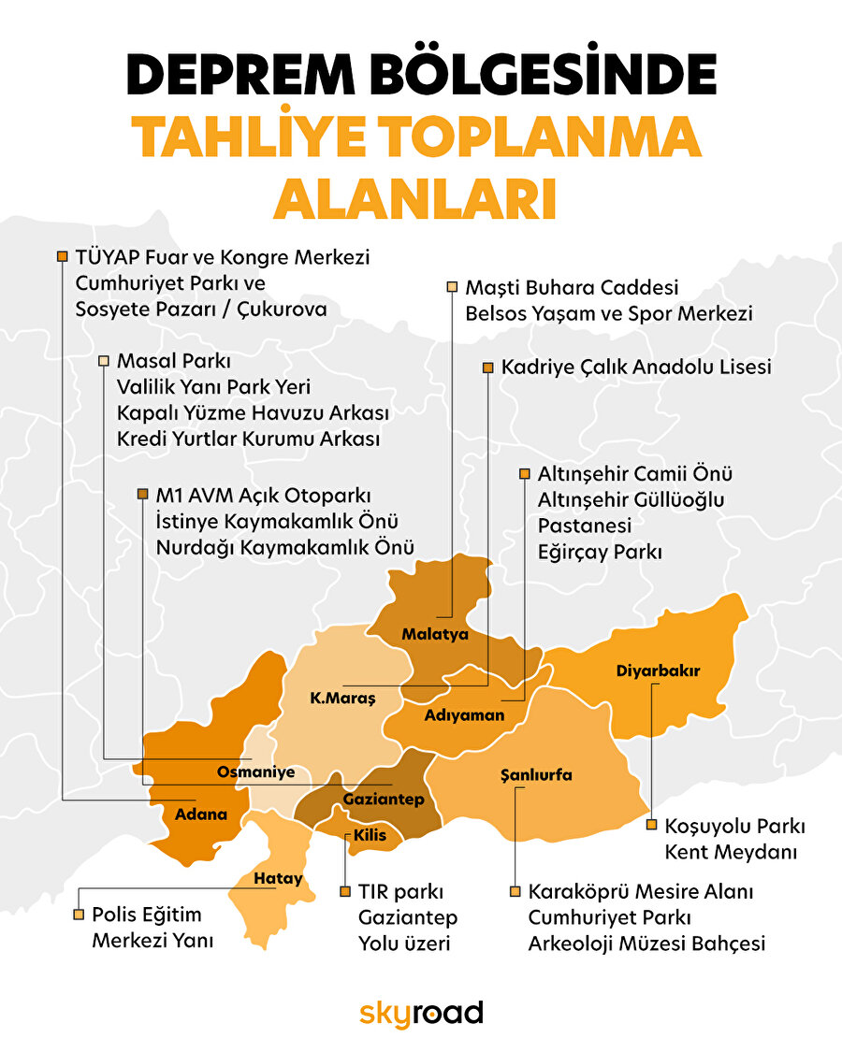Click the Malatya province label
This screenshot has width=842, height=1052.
[435, 634]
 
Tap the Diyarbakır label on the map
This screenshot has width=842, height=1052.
[659, 670]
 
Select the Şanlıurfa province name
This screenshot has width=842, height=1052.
[536, 775]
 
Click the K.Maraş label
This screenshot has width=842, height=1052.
[342, 699]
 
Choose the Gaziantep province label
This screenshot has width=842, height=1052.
[384, 800]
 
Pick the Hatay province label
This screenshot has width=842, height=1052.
[279, 878]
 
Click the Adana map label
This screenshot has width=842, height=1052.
[201, 814]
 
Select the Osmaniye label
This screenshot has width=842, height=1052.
[255, 772]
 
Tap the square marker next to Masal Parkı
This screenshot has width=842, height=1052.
[103, 360]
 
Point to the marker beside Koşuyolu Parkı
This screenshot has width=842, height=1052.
[651, 825]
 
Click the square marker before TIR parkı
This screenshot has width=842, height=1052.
[344, 891]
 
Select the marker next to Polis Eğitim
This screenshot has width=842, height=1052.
[78, 914]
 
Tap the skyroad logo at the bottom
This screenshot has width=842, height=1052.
[421, 1013]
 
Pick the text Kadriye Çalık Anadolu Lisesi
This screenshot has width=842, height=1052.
[636, 367]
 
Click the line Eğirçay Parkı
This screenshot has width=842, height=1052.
[599, 552]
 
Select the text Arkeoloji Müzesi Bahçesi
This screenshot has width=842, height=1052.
[646, 943]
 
